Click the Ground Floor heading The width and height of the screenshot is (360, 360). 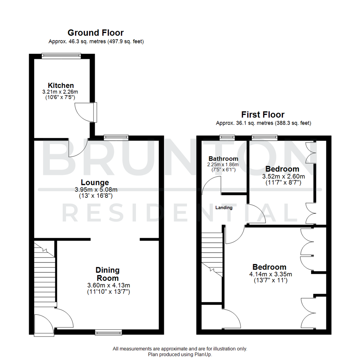[x=95, y=33]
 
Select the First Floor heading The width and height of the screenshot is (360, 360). [x=263, y=115]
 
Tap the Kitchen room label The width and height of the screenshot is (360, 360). [x=60, y=85]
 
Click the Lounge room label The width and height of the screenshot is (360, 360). [x=95, y=182]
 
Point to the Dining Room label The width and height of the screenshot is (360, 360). [x=107, y=274]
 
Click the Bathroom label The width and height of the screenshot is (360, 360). [x=223, y=158]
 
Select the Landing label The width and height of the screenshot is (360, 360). [x=224, y=207]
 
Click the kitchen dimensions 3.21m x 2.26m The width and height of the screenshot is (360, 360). [x=60, y=92]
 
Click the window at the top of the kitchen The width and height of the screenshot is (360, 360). [x=61, y=55]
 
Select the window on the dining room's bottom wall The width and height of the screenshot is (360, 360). [x=108, y=332]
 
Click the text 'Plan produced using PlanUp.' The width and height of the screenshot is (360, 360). [x=180, y=355]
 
